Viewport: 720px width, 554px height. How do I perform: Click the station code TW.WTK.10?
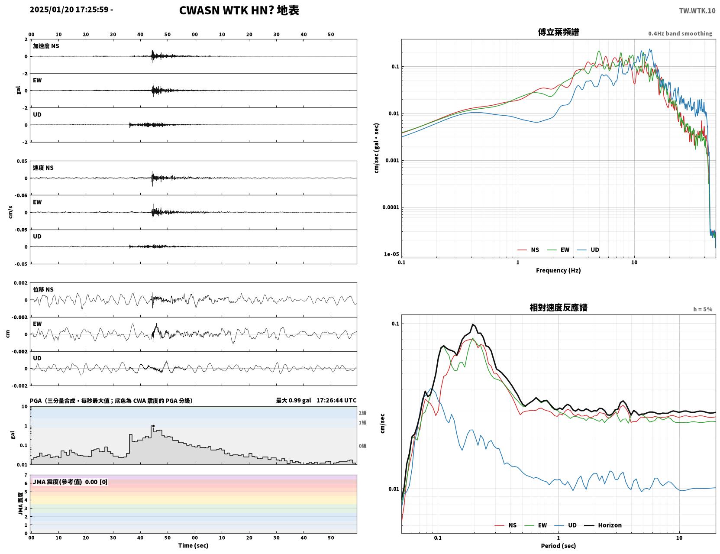[697, 10]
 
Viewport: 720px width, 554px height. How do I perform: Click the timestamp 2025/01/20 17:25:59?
[69, 10]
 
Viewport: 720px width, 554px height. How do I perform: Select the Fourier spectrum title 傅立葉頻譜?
[559, 32]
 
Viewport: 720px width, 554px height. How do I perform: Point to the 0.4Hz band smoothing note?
[680, 33]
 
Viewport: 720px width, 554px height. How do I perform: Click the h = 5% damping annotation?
[702, 309]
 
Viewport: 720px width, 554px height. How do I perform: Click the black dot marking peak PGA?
[153, 426]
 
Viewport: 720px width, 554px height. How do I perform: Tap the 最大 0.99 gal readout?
[293, 400]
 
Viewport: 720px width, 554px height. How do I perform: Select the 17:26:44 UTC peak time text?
[336, 400]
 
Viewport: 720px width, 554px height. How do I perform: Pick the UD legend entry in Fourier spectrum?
[588, 250]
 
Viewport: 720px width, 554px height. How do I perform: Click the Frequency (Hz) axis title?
[559, 270]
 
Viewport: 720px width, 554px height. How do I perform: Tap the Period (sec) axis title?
[559, 546]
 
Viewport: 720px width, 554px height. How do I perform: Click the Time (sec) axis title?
[193, 545]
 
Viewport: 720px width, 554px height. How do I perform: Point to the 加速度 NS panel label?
[46, 46]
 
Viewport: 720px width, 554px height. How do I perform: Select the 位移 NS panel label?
[43, 290]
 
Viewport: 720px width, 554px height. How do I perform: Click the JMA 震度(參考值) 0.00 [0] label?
[70, 482]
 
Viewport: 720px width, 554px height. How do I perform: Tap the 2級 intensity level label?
[362, 413]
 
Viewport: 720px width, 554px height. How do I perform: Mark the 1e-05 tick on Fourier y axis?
[391, 254]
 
